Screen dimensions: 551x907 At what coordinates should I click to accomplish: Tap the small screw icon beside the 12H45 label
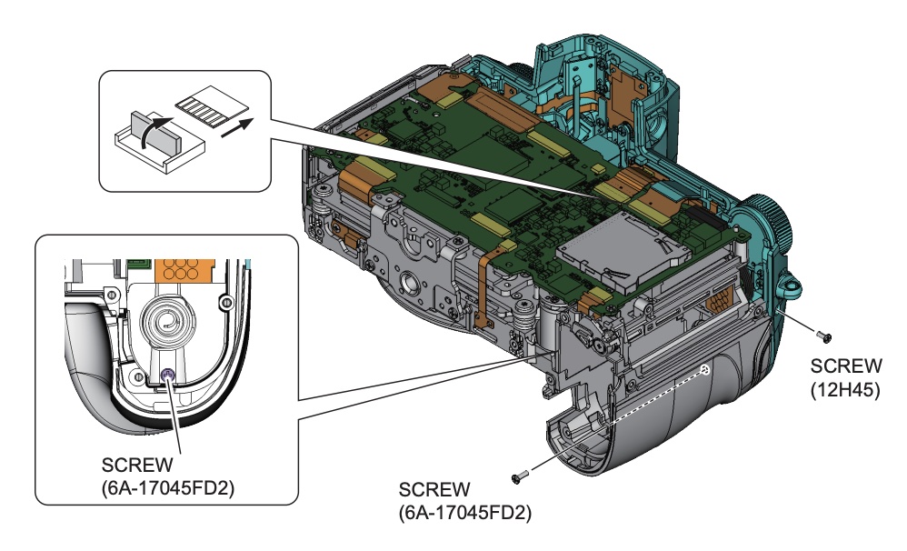point(823,337)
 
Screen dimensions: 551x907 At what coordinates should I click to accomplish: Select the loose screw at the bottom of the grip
point(521,477)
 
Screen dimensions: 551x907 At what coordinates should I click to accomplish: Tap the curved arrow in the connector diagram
point(158,125)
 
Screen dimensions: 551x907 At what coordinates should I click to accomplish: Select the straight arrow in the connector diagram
point(234,125)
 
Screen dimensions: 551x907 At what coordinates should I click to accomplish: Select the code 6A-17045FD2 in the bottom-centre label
point(464,513)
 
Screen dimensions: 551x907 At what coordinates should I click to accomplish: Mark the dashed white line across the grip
point(658,396)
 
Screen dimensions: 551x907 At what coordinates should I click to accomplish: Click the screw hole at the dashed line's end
point(705,370)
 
